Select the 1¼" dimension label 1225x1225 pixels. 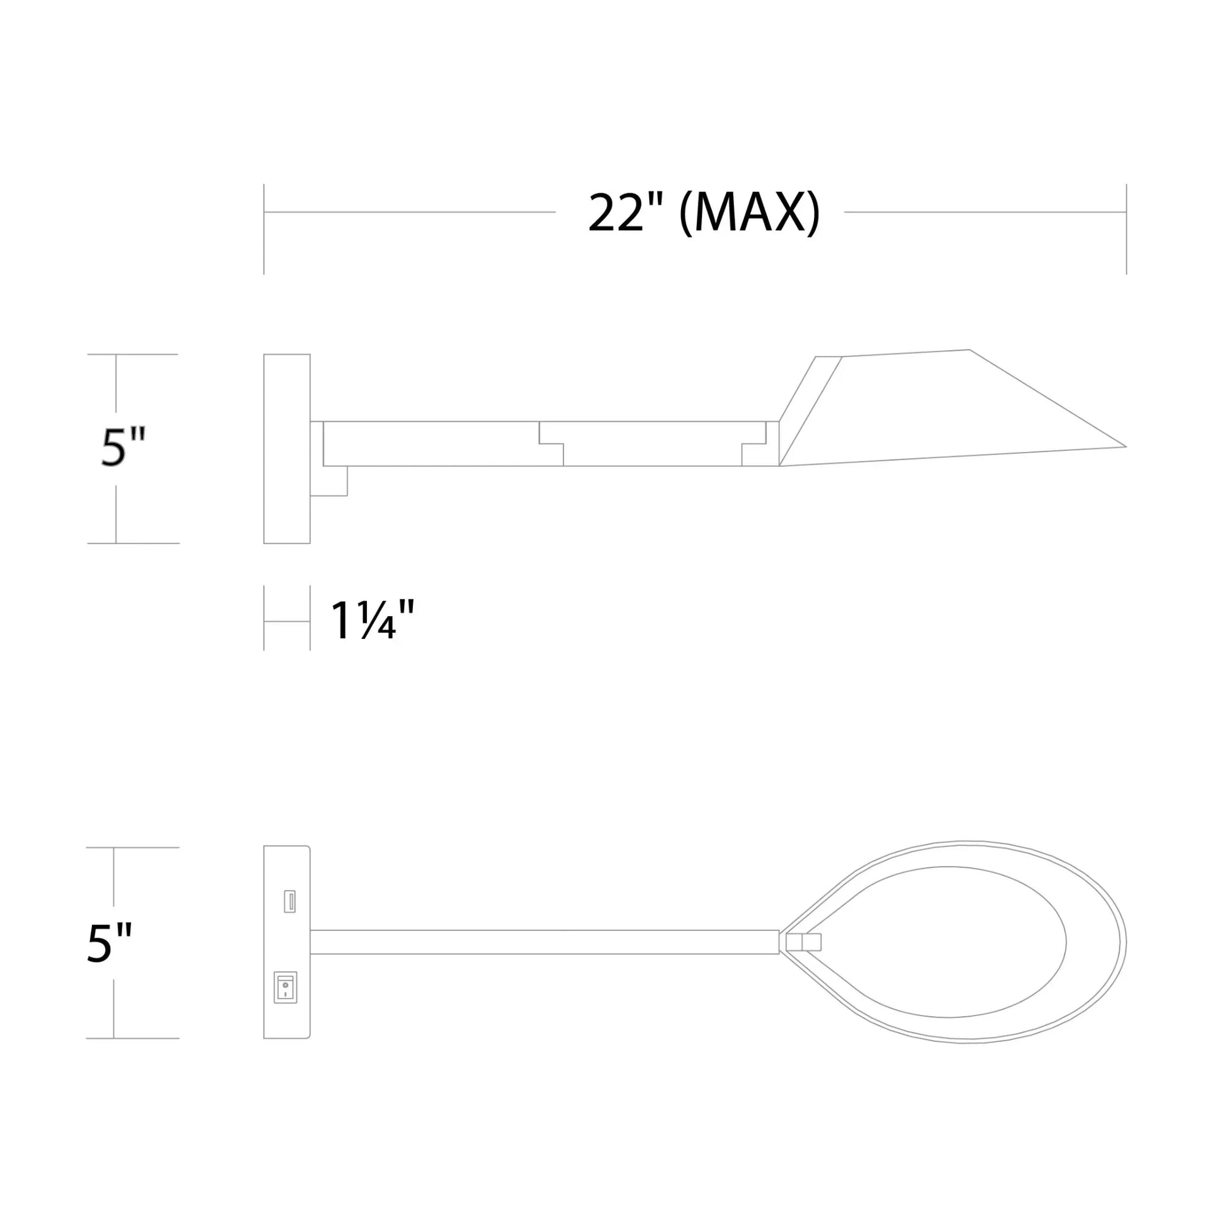372,620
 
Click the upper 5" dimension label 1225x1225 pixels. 123,448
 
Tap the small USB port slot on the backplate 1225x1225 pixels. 290,901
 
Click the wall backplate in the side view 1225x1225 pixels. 286,448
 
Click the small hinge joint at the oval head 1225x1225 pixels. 803,942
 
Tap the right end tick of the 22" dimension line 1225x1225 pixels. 1126,229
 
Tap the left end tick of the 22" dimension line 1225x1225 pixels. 264,229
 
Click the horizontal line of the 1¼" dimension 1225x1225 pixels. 286,621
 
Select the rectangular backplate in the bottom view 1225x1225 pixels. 286,942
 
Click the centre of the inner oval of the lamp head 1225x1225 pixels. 951,942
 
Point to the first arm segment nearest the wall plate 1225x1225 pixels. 431,444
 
